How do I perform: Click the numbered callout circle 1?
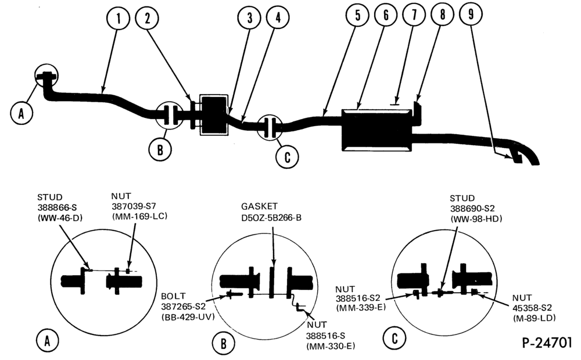(118, 19)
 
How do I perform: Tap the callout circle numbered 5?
(357, 16)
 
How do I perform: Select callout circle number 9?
(471, 15)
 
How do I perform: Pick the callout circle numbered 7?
(414, 15)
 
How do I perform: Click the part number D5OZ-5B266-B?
(271, 218)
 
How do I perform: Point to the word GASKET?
(259, 206)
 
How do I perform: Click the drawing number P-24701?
(547, 343)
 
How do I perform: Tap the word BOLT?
(173, 296)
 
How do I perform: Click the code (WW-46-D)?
(60, 218)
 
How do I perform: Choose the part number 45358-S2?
(532, 308)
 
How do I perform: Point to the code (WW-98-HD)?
(476, 219)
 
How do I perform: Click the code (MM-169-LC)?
(139, 217)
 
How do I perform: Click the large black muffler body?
(377, 129)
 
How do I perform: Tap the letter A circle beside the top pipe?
(21, 113)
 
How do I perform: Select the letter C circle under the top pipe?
(287, 157)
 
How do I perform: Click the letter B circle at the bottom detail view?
(223, 344)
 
